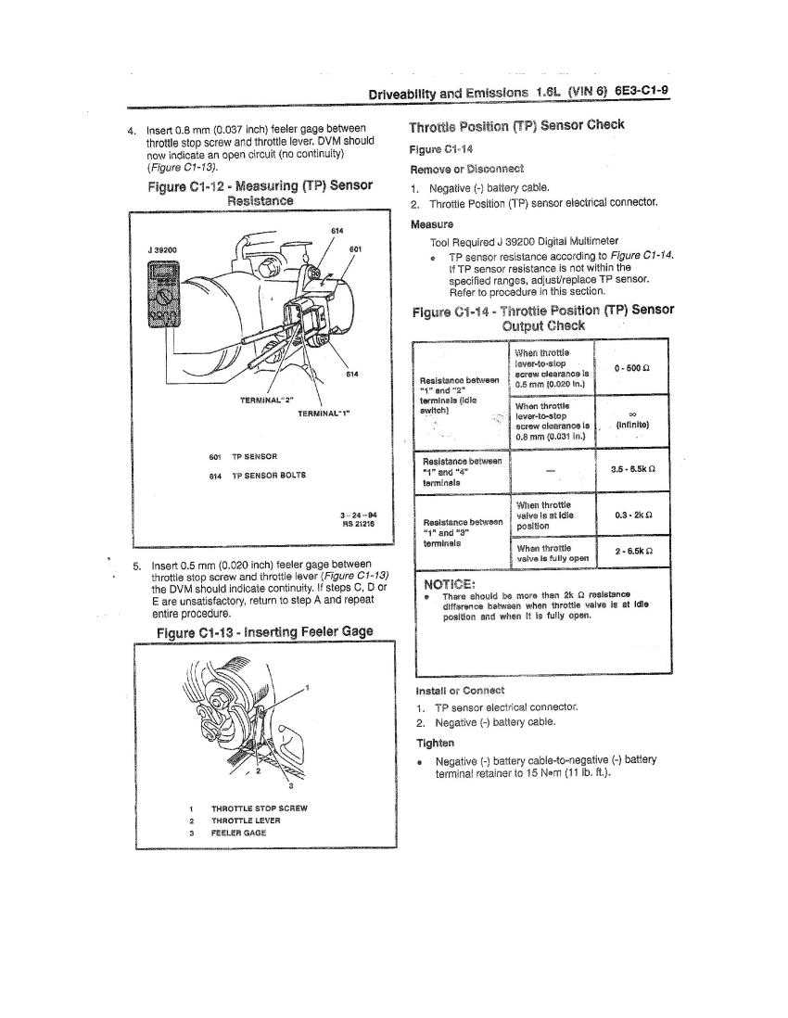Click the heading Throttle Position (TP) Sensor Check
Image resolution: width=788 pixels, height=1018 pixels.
(516, 125)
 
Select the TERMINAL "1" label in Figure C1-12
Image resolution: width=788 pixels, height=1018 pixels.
(324, 413)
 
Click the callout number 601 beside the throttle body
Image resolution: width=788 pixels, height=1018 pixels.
(355, 249)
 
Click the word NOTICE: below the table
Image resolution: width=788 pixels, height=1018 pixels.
(450, 584)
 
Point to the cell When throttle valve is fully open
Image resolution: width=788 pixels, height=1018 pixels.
(553, 553)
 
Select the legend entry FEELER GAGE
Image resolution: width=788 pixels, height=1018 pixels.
(239, 833)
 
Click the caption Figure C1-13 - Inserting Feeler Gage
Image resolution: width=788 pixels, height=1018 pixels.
(264, 632)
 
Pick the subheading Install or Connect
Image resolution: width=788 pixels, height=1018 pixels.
(460, 690)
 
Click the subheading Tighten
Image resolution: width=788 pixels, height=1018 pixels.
(436, 743)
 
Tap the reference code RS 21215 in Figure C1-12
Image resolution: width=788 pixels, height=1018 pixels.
(358, 523)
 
